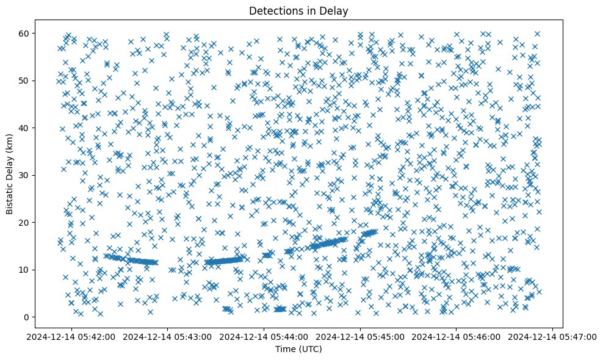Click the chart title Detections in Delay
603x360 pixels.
pos(298,10)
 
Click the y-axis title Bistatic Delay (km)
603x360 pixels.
pos(10,174)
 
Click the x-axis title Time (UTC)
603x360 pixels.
pos(298,349)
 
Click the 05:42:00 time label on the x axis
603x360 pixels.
pos(71,336)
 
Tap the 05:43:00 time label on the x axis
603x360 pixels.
pos(167,336)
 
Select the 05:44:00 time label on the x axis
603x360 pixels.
pos(264,336)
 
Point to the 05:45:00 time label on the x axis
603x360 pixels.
pos(360,336)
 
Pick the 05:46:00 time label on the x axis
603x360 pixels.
pos(457,336)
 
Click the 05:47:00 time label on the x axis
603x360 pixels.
pos(553,336)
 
